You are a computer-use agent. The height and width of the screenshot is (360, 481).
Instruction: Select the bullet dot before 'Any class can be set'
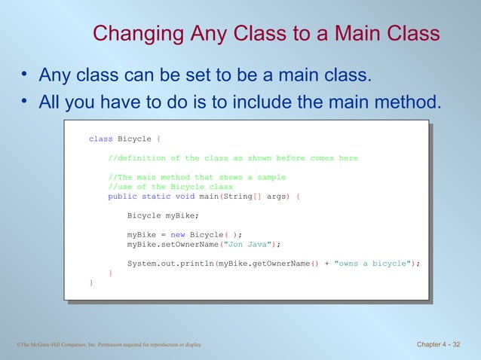click(24, 75)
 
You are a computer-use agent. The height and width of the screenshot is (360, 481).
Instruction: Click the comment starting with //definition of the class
click(233, 158)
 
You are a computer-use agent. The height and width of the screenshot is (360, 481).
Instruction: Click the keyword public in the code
click(122, 197)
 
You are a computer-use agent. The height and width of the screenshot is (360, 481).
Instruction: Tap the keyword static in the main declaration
click(156, 197)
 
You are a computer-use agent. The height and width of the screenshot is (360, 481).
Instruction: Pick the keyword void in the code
click(185, 197)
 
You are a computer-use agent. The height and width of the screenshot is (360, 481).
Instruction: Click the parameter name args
click(275, 197)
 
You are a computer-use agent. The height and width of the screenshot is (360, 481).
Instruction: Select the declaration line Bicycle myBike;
click(163, 216)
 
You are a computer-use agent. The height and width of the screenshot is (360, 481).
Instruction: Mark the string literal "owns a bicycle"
click(372, 264)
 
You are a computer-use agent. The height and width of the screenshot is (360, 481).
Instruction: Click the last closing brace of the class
click(91, 283)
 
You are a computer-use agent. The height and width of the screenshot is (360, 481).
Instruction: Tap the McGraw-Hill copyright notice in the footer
click(109, 346)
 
